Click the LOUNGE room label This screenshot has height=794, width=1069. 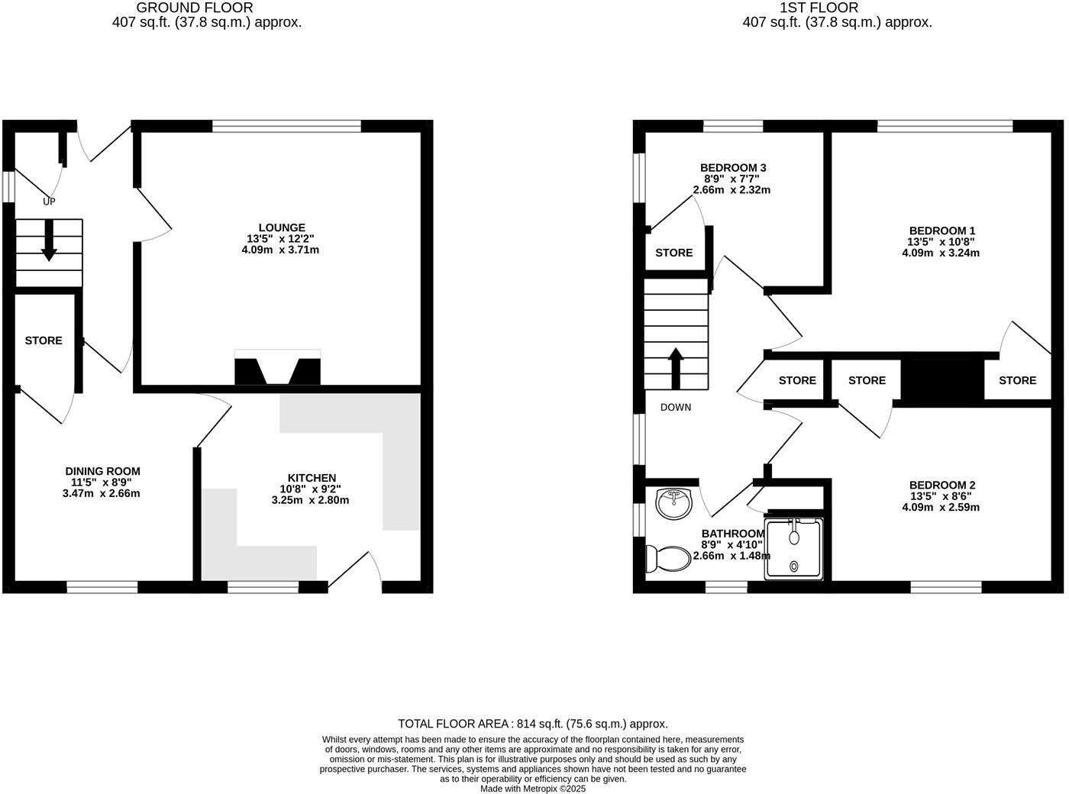tap(282, 228)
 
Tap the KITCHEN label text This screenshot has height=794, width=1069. tap(312, 478)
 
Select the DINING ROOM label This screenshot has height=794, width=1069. tap(102, 471)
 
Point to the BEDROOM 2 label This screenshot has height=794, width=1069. tap(941, 485)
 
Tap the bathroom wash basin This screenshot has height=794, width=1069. tap(673, 502)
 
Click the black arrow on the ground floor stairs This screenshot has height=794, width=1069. tap(48, 241)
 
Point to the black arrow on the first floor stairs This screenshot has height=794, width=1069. tap(676, 368)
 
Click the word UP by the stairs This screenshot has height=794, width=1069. tap(49, 202)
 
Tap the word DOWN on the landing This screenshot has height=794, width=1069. tap(676, 407)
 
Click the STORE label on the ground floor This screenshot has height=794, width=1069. tap(44, 341)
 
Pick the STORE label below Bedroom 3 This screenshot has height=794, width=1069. tap(674, 253)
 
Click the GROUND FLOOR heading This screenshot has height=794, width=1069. tap(195, 8)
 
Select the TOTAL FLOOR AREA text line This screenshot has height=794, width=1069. tap(533, 724)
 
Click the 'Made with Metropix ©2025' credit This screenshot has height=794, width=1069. tap(533, 789)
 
